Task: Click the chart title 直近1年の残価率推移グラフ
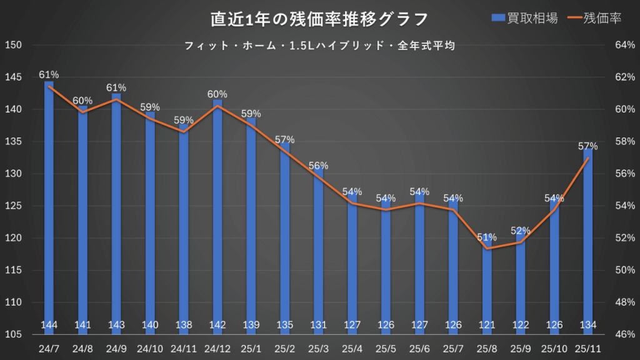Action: (x=319, y=19)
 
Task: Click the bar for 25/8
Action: (x=487, y=284)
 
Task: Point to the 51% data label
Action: (x=487, y=237)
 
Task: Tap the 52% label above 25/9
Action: (x=521, y=231)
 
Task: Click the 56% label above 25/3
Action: (x=319, y=166)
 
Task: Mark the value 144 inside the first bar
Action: (x=49, y=324)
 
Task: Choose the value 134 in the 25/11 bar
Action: (x=588, y=324)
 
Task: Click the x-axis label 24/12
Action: (x=217, y=348)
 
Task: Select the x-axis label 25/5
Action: (x=386, y=348)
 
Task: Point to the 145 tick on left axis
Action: (x=14, y=77)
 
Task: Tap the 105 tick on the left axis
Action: (x=14, y=335)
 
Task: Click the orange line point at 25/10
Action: (x=554, y=210)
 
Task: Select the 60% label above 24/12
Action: (x=217, y=94)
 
